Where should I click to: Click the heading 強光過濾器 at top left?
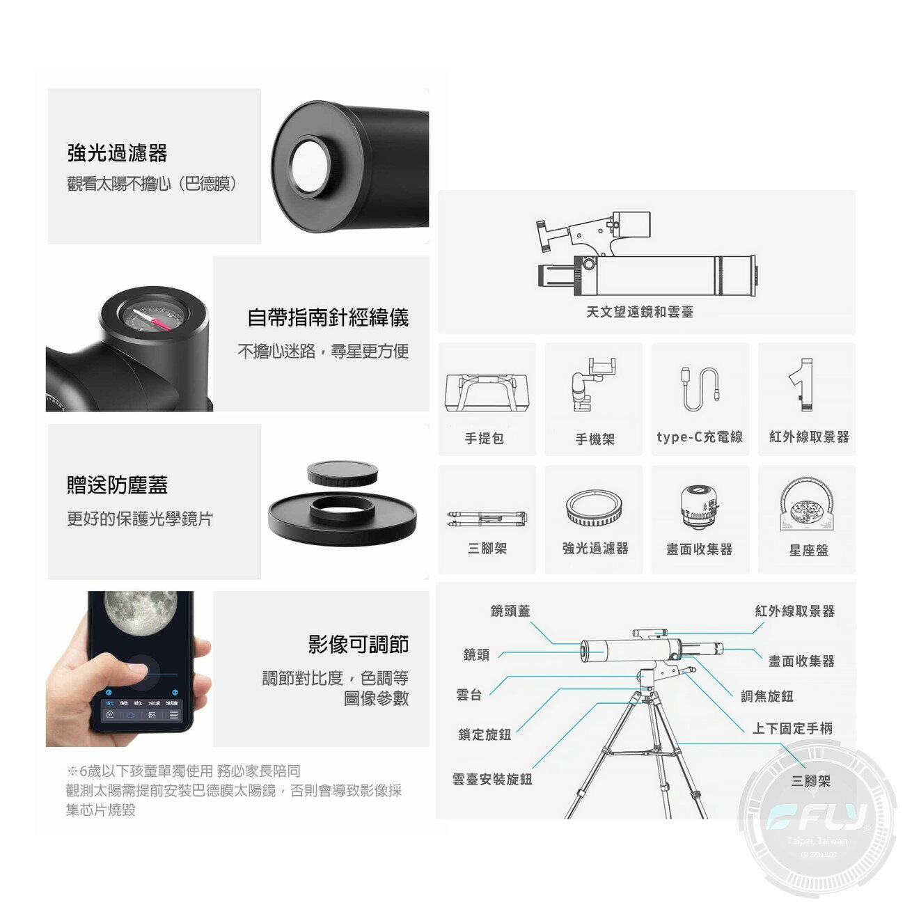tap(117, 152)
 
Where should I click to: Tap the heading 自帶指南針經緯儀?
tap(328, 317)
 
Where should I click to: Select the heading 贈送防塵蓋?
tap(117, 485)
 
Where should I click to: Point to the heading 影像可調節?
tap(359, 644)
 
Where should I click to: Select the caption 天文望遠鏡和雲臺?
tap(640, 312)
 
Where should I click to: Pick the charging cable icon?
tap(700, 388)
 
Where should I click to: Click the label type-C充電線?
tap(700, 437)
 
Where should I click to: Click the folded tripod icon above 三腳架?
tap(487, 517)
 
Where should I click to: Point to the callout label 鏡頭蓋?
tap(510, 611)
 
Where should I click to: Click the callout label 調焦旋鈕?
tap(767, 696)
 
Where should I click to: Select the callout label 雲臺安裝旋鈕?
tap(492, 779)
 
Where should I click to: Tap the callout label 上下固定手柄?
tap(792, 728)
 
